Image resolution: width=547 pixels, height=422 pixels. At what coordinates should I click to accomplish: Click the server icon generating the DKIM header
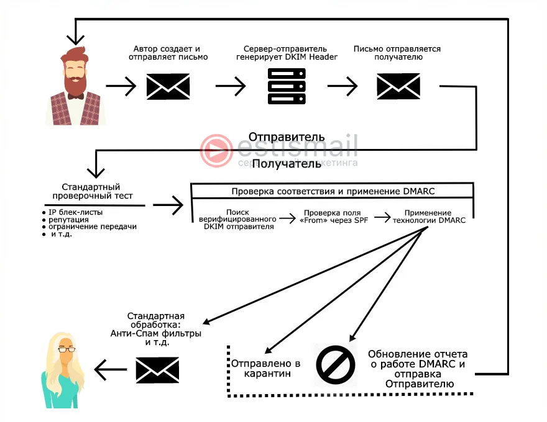(x=286, y=86)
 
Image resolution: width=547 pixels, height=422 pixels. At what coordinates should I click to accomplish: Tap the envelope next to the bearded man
(x=168, y=86)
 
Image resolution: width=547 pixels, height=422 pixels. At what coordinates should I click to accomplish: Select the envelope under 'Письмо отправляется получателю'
(x=398, y=86)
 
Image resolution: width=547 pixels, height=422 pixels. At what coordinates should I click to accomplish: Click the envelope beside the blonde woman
(x=157, y=370)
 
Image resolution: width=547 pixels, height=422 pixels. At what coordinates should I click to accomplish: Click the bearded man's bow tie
(x=76, y=96)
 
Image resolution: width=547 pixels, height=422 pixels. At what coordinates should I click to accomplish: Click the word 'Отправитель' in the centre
(x=287, y=137)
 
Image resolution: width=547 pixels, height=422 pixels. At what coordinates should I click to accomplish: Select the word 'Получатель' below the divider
(x=287, y=164)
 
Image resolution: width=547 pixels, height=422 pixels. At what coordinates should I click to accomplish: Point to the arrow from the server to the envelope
(x=342, y=86)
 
